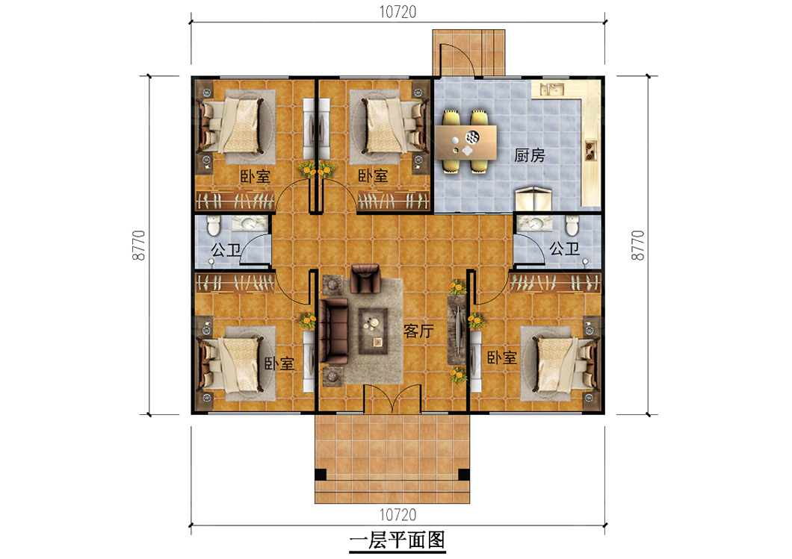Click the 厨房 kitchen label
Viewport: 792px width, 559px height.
pos(529,155)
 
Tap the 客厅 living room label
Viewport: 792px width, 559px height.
pos(418,331)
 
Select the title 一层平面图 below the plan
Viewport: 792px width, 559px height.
pos(397,540)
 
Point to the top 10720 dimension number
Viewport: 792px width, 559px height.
pos(397,12)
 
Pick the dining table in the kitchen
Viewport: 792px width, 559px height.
pos(466,142)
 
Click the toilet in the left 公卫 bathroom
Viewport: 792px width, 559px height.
pos(214,225)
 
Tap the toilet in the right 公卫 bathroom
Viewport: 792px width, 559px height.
pos(572,225)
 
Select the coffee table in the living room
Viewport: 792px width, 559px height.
pos(374,331)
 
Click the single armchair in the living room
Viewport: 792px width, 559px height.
pos(365,278)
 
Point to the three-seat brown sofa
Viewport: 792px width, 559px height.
pos(332,331)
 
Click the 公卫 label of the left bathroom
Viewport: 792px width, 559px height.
pos(226,249)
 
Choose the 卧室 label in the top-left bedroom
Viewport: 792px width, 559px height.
pos(255,176)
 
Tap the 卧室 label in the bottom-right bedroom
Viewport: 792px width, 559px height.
pos(501,357)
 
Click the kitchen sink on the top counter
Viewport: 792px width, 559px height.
pos(551,90)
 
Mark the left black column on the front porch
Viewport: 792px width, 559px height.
pos(321,475)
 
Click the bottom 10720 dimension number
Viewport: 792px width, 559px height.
pos(397,515)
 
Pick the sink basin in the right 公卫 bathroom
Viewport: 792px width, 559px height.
pos(534,222)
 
